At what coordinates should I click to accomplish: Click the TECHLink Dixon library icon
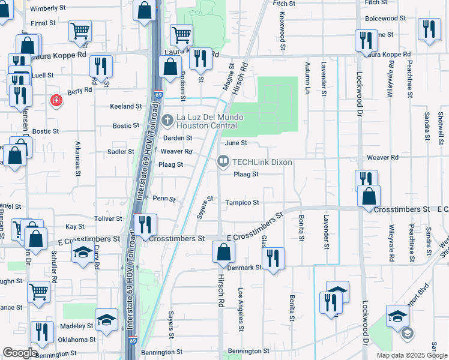(x=223, y=161)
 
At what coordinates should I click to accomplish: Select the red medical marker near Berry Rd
(x=56, y=100)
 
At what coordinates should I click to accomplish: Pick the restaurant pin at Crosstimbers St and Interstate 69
(x=145, y=225)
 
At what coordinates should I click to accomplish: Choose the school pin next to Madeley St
(x=106, y=319)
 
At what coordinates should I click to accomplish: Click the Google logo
(x=20, y=353)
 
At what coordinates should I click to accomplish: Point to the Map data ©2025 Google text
(x=411, y=355)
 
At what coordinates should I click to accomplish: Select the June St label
(x=236, y=143)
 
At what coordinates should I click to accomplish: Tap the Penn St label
(x=164, y=199)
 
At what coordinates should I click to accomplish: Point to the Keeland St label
(x=125, y=106)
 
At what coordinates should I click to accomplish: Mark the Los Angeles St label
(x=241, y=309)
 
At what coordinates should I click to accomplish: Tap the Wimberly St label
(x=47, y=8)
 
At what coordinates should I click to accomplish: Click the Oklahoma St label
(x=74, y=339)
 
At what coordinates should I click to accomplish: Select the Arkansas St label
(x=77, y=159)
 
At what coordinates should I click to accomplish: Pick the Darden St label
(x=178, y=138)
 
